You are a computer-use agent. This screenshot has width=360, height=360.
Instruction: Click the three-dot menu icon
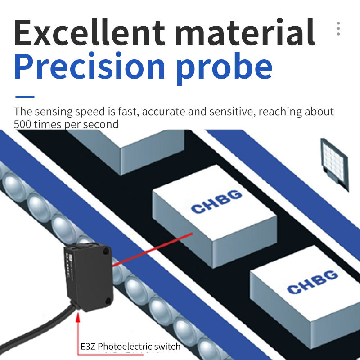(338, 28)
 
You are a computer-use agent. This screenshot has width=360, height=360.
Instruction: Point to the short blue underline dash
(25, 96)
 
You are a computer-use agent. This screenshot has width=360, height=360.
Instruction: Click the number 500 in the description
(22, 124)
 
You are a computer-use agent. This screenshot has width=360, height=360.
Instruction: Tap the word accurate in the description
(171, 112)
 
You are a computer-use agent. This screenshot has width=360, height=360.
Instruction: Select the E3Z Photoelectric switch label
(130, 346)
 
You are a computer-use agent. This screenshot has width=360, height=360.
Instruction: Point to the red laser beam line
(153, 249)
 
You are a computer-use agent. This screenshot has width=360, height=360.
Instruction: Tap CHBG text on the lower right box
(312, 281)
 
